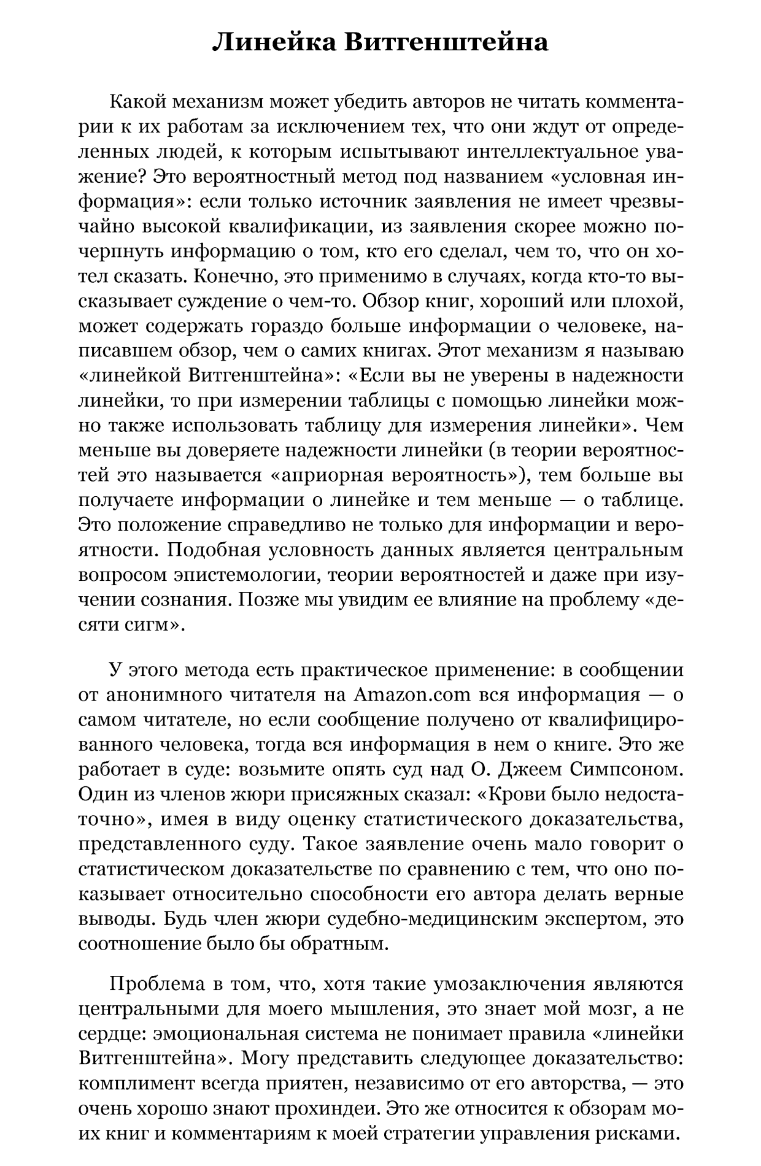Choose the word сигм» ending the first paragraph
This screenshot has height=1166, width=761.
(157, 625)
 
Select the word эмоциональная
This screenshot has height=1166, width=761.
(222, 1035)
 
